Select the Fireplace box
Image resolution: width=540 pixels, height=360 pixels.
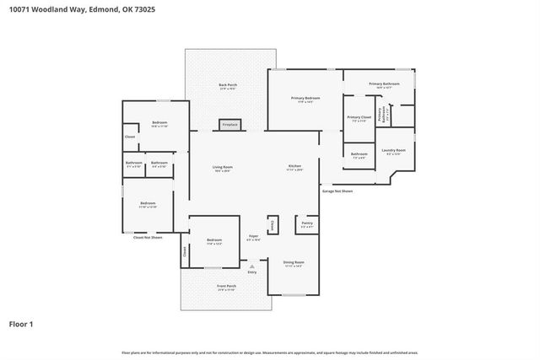coord(229,125)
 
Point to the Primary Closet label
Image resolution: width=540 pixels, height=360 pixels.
coord(359,118)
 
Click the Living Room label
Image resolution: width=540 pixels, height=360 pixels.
coord(223,168)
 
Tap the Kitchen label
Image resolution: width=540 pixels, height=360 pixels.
coord(294,168)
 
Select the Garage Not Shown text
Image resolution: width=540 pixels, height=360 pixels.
coord(337,191)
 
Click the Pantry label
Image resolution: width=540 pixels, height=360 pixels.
coord(307,225)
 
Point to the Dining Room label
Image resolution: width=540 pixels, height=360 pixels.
coord(294,263)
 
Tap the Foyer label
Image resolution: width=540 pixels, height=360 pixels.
coord(253,237)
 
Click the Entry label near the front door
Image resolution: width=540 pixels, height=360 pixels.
coord(251,272)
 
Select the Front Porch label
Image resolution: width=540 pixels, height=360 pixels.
coord(226,287)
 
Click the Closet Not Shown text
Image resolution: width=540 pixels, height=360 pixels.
coord(148,238)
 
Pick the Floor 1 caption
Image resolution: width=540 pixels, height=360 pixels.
coord(21,324)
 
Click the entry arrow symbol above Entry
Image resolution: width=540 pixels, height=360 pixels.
coord(251,266)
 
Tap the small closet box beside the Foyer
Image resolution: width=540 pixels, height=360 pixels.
coord(273,225)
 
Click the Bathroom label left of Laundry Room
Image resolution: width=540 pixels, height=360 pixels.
coord(359,154)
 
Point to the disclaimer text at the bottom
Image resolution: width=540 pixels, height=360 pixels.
coord(269,352)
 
